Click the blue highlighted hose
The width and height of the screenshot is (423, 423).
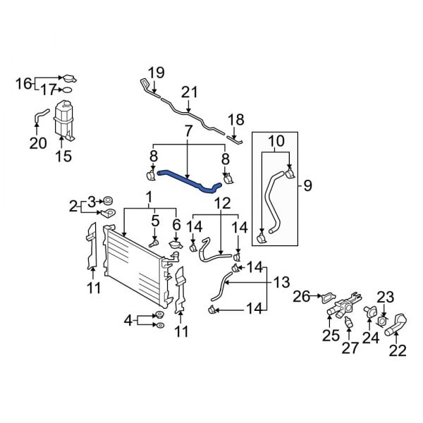coord(187,179)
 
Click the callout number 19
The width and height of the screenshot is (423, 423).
coord(156,72)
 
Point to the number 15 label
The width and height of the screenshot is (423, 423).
coord(63,157)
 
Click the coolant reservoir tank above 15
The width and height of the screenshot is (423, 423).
coord(65,120)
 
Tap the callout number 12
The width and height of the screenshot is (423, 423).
coord(222,203)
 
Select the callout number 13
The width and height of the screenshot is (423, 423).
coord(281,282)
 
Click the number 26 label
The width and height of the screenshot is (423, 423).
coord(301,296)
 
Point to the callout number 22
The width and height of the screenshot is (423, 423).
coord(398,350)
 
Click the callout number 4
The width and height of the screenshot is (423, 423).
coord(128,321)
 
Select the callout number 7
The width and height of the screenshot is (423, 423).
coord(188,131)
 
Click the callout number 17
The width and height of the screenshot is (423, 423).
coord(48,90)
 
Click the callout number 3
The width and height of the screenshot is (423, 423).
coord(91,201)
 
